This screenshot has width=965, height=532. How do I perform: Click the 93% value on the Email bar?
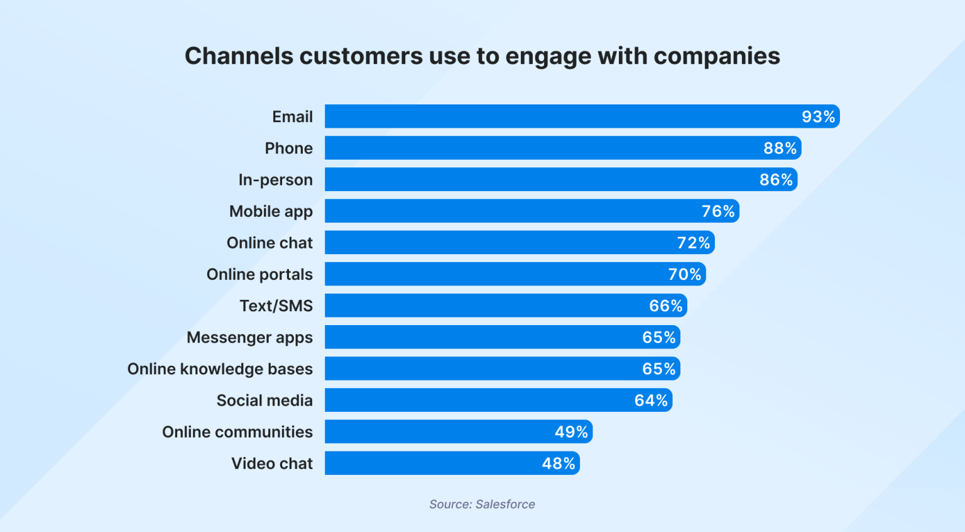[x=818, y=117]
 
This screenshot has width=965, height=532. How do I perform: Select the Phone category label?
[x=288, y=148]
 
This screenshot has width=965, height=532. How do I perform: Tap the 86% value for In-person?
[x=776, y=180]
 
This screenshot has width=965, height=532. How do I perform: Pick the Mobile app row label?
[x=271, y=211]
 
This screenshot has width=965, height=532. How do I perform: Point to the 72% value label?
[x=693, y=243]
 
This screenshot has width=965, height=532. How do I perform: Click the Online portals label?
[x=259, y=274]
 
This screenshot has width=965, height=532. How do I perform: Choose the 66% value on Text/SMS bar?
[x=665, y=306]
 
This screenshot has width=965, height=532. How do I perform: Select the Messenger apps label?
[x=249, y=338]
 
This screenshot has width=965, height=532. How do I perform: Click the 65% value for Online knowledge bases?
[x=658, y=369]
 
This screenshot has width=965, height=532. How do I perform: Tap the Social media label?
[x=264, y=401]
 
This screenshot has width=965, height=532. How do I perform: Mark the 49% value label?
[x=571, y=432]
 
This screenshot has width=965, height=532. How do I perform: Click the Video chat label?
[x=271, y=463]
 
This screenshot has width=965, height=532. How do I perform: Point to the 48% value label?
[x=559, y=463]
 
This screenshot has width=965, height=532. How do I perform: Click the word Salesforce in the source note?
[x=505, y=504]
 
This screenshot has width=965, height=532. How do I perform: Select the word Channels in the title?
[x=239, y=56]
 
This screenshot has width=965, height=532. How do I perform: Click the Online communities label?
[x=237, y=432]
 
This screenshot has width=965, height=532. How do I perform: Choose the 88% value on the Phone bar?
[x=780, y=148]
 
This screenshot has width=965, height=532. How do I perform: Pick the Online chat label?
[x=270, y=243]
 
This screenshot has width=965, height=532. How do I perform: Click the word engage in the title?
[x=548, y=56]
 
